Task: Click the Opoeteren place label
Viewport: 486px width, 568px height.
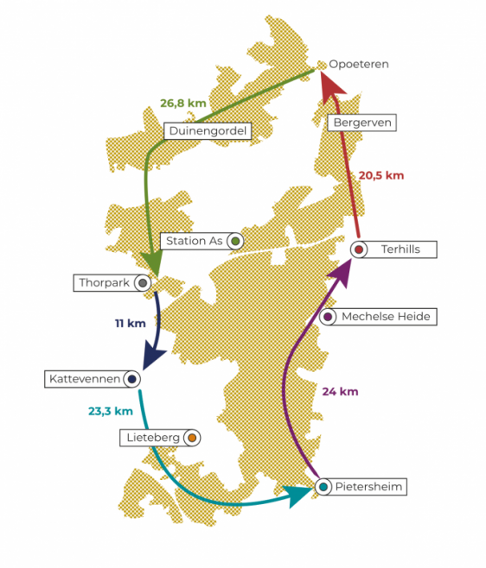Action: [x=359, y=64]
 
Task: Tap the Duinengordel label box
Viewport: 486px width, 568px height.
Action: [x=208, y=130]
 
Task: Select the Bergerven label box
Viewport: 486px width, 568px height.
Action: [x=361, y=123]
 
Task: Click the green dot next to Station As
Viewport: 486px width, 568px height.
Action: [x=235, y=241]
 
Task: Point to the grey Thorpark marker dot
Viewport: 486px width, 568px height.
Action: [x=143, y=283]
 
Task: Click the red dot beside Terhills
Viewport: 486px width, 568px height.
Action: [x=359, y=249]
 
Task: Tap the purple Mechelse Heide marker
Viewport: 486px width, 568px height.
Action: [x=328, y=317]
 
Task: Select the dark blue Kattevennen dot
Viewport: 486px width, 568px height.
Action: [x=131, y=379]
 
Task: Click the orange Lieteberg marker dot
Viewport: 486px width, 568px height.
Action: [x=192, y=438]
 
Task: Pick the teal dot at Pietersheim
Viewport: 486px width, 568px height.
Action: [x=323, y=487]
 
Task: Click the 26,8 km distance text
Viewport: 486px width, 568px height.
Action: [x=183, y=104]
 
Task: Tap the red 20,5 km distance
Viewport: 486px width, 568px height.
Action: [x=381, y=176]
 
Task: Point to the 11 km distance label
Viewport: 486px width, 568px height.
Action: [x=131, y=323]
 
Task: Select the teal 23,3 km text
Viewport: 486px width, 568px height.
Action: [x=111, y=411]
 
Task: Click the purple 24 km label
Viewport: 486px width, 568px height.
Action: [x=340, y=392]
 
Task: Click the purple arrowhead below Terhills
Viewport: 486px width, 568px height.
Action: [x=342, y=273]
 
